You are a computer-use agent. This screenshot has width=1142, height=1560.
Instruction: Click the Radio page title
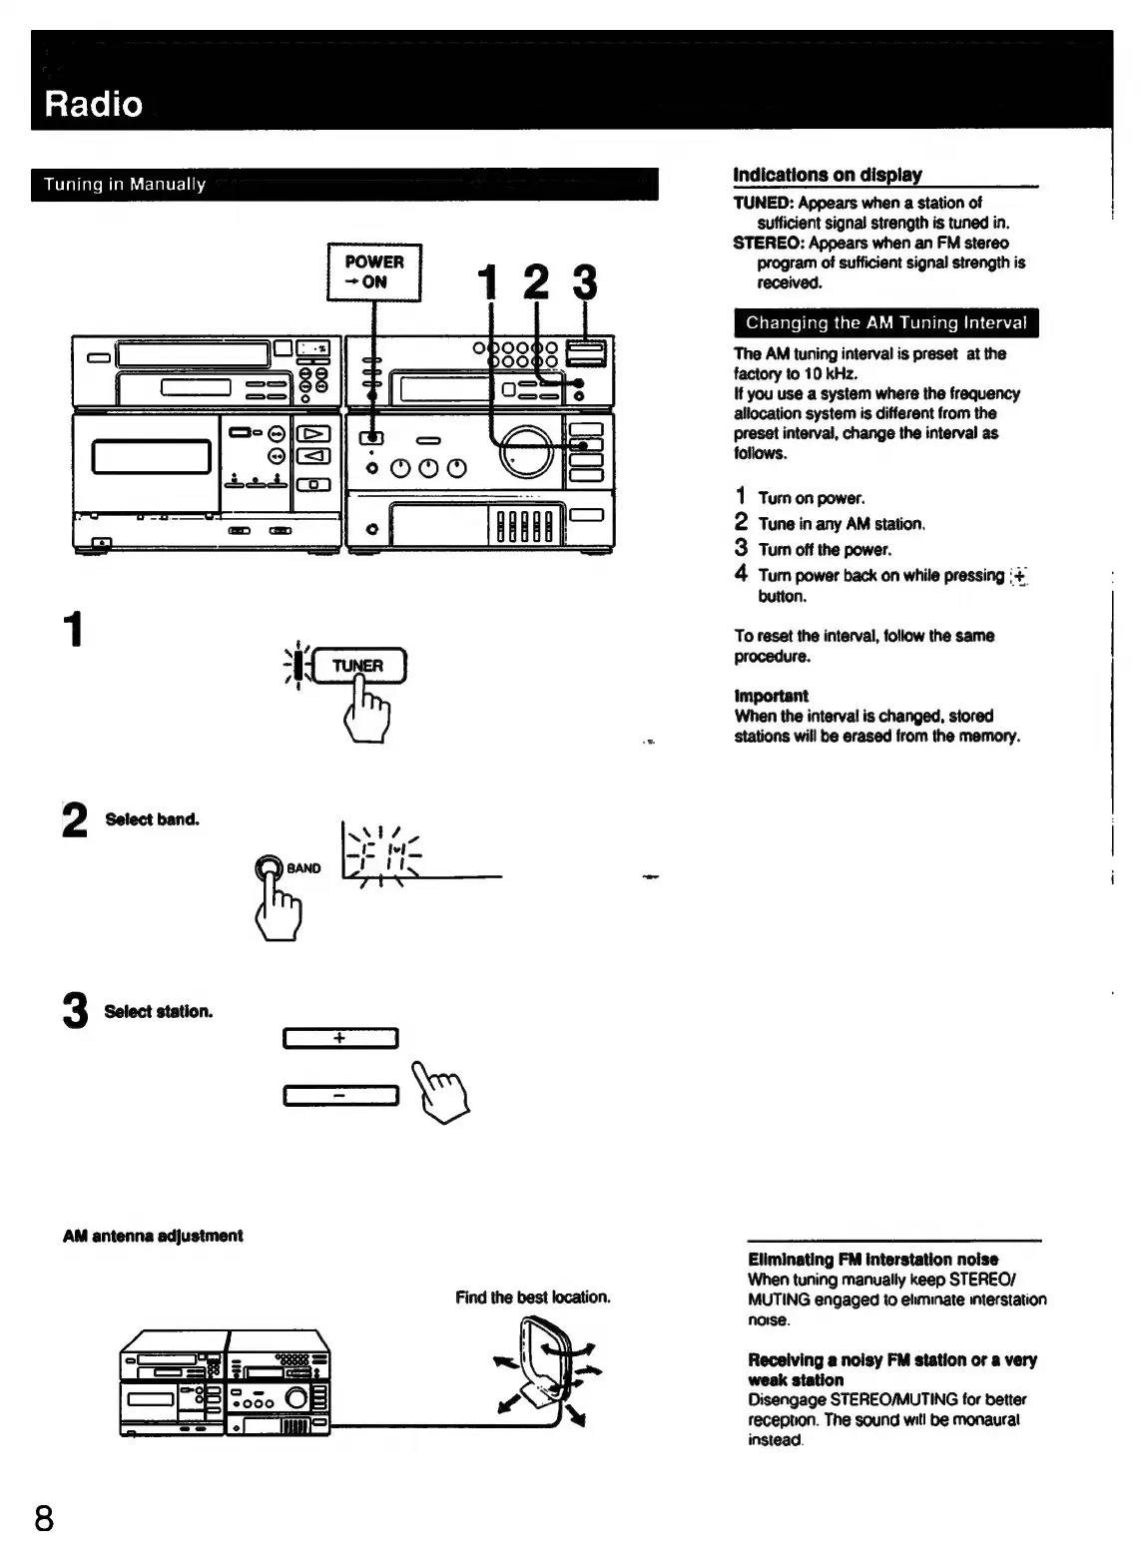[x=94, y=104]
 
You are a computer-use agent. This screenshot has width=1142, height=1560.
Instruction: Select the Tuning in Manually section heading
[x=125, y=185]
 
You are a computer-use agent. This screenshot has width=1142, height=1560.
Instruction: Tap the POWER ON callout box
[x=374, y=271]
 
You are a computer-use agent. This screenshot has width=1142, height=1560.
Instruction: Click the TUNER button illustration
[x=357, y=666]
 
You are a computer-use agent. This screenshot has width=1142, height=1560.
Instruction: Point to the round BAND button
[x=270, y=867]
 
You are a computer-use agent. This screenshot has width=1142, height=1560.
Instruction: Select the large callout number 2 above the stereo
[x=536, y=282]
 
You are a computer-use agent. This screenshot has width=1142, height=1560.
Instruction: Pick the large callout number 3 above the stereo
[x=585, y=282]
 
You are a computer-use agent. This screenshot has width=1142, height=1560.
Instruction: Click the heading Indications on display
[x=828, y=176]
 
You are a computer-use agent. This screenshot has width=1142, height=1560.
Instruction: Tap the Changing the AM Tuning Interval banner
[x=885, y=323]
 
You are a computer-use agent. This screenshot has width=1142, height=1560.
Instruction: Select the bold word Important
[x=771, y=696]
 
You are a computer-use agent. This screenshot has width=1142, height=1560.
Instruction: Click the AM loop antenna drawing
[x=545, y=1367]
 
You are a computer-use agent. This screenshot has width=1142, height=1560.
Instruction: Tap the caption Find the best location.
[x=532, y=1298]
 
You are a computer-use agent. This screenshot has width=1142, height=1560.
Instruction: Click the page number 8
[x=44, y=1518]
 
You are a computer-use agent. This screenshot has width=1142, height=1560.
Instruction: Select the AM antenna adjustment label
[x=153, y=1236]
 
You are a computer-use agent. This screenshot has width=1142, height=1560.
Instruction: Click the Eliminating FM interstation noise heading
[x=872, y=1260]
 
